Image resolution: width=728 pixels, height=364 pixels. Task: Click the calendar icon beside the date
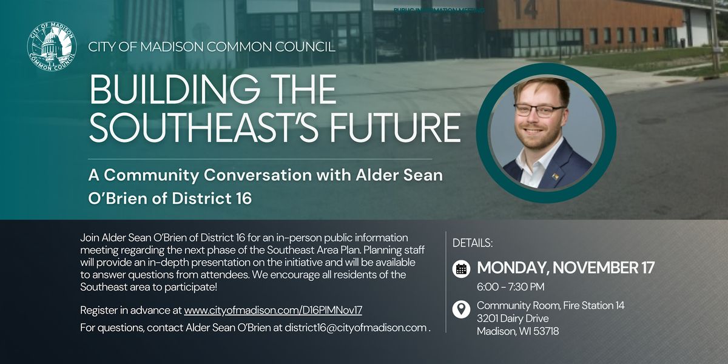(x=461, y=268)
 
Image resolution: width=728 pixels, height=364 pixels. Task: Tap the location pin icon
(x=461, y=309)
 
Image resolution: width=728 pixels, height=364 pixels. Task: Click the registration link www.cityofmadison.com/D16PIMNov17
(x=273, y=310)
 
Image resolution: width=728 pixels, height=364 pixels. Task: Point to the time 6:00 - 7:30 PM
(x=510, y=286)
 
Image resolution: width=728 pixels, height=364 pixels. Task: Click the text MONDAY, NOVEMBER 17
(x=565, y=268)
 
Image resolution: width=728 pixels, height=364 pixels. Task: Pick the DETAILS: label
(x=473, y=243)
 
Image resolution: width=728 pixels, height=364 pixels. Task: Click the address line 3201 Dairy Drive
(x=513, y=318)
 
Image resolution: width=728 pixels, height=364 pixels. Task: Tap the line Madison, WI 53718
(x=517, y=331)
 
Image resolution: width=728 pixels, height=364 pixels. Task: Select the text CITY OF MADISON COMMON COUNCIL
(x=212, y=47)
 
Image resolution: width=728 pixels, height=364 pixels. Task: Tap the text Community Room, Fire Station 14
(x=550, y=305)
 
